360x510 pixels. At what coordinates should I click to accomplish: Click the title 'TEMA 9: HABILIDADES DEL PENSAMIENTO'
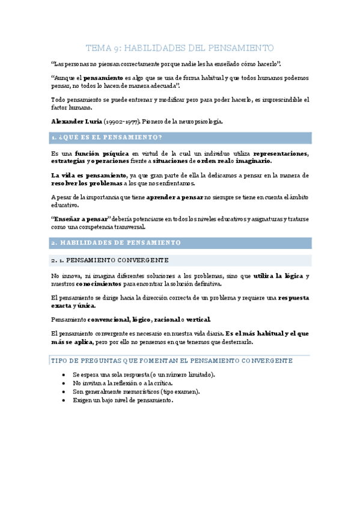(x=180, y=48)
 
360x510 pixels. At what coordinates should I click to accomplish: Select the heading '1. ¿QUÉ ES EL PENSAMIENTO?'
(x=107, y=138)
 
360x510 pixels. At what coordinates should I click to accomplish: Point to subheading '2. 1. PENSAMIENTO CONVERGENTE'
(x=110, y=260)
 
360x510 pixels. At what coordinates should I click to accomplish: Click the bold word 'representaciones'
(x=281, y=153)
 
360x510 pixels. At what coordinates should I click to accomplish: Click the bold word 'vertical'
(x=199, y=319)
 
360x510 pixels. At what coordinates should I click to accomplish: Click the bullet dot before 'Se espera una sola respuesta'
(x=64, y=375)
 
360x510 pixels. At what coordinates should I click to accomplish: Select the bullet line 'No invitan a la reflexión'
(x=123, y=383)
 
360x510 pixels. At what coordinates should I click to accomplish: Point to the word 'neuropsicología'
(x=196, y=121)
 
